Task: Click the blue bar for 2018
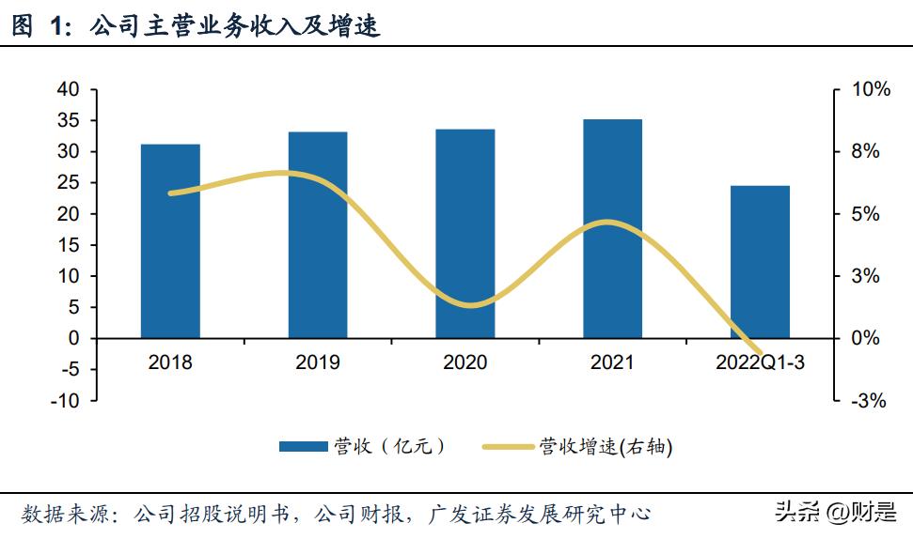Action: point(170,241)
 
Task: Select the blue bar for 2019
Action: point(318,235)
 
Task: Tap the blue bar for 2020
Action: point(464,234)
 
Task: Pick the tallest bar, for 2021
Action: point(612,228)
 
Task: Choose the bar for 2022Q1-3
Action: point(760,262)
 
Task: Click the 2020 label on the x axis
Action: point(464,362)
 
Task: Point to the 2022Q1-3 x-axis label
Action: point(760,362)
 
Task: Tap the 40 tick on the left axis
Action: point(67,90)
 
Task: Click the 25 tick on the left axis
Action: point(67,183)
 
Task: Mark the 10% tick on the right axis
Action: point(870,90)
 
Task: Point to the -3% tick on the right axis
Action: point(870,401)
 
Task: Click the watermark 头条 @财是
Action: point(834,512)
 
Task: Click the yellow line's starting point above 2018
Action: point(170,193)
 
